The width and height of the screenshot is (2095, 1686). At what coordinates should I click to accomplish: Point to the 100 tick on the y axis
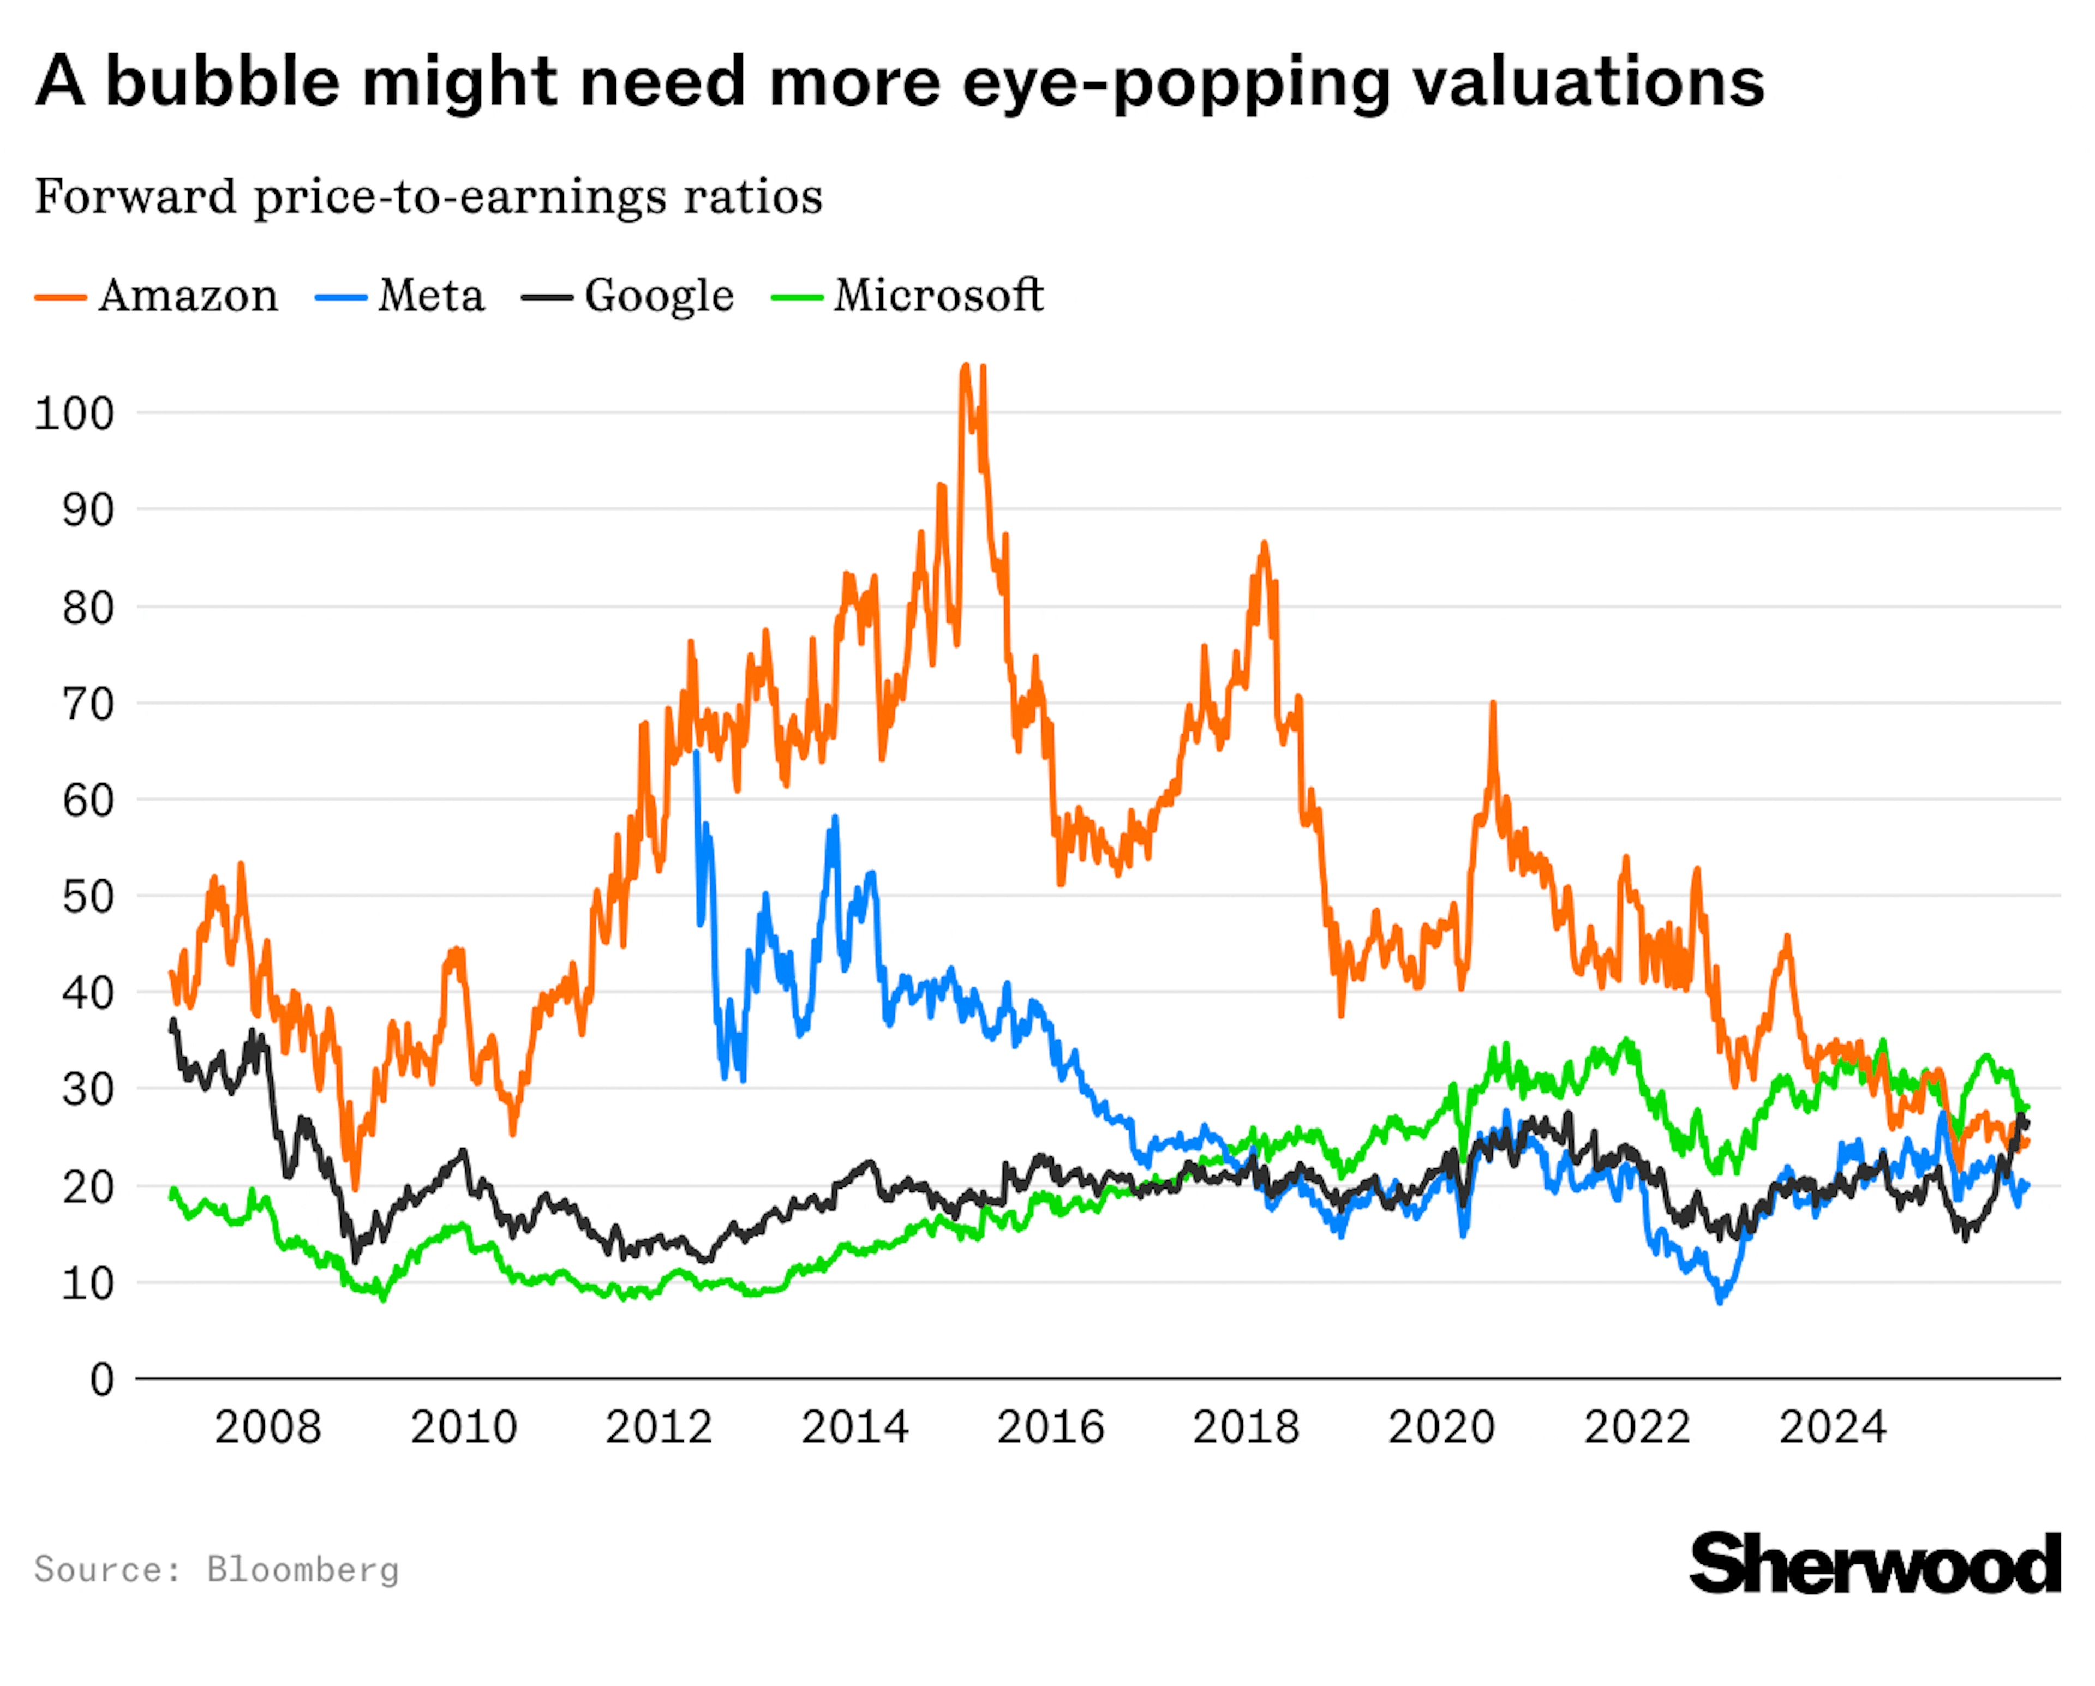[x=74, y=414]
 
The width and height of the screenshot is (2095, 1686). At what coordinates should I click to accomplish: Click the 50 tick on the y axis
[x=87, y=897]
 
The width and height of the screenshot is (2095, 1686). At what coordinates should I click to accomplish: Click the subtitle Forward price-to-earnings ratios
[x=428, y=197]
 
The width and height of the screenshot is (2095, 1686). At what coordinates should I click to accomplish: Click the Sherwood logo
[x=1875, y=1564]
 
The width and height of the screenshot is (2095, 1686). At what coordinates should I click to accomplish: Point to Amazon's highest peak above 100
[x=965, y=367]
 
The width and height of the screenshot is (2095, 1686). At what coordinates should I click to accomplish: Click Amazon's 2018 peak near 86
[x=1263, y=544]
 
